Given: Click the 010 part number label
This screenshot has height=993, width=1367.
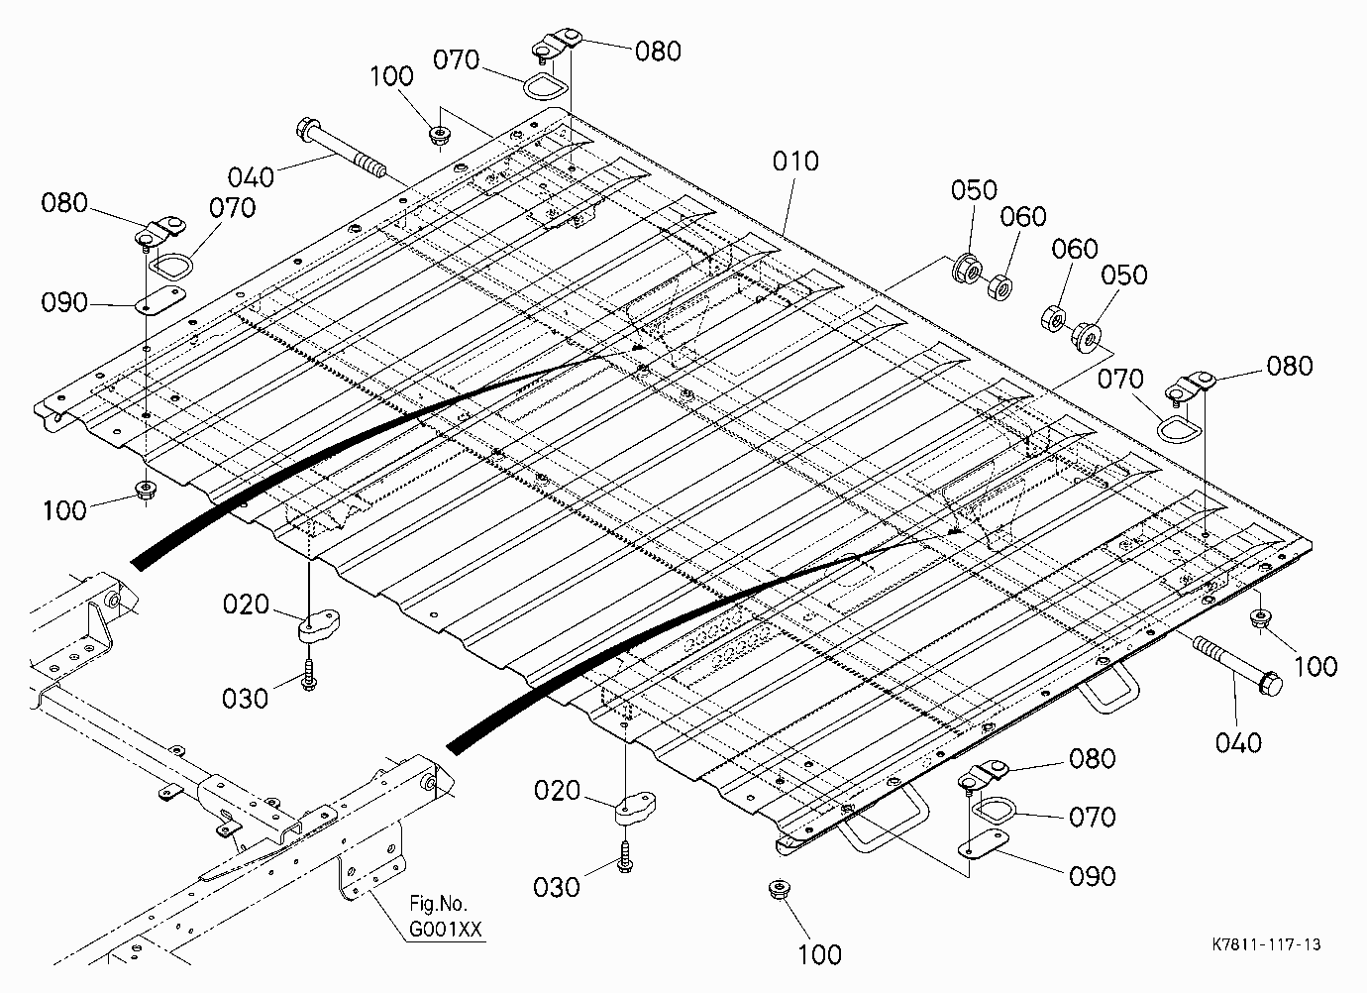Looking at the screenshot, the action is pyautogui.click(x=795, y=162).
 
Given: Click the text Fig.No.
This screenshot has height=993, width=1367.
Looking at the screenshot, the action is pyautogui.click(x=438, y=903).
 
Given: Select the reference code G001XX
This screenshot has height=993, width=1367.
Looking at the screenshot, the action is pyautogui.click(x=445, y=929).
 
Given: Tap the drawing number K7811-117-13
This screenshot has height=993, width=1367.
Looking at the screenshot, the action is pyautogui.click(x=1266, y=944).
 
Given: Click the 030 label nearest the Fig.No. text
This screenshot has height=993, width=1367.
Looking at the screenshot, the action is pyautogui.click(x=556, y=887).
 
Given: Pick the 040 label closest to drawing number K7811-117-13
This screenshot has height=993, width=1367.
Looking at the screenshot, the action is pyautogui.click(x=1238, y=743).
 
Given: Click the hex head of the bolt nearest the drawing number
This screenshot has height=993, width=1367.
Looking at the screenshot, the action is pyautogui.click(x=1270, y=683).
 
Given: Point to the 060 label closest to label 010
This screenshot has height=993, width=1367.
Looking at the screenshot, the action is pyautogui.click(x=1023, y=216).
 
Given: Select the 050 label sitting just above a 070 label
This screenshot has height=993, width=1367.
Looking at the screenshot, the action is pyautogui.click(x=1124, y=275).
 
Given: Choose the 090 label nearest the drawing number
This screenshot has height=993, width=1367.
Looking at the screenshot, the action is pyautogui.click(x=1092, y=876).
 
